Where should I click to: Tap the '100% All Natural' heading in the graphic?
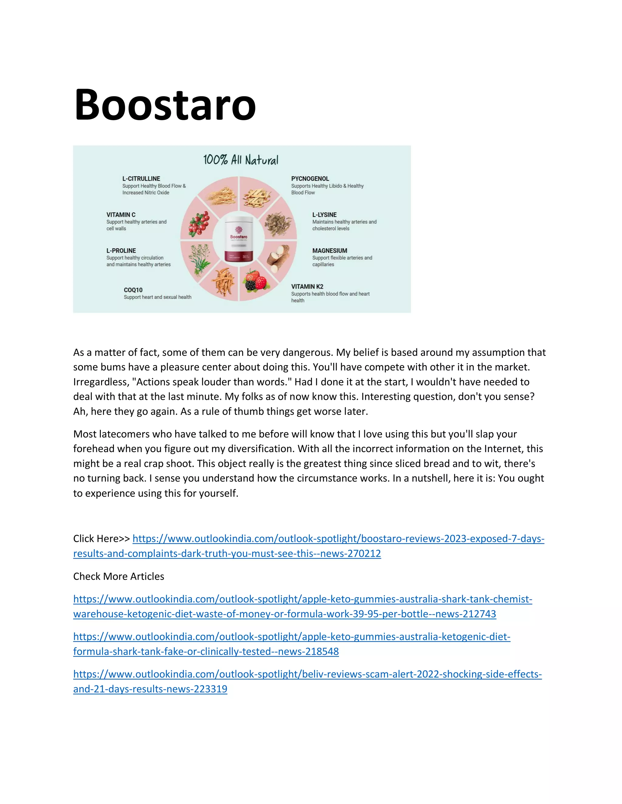click(241, 160)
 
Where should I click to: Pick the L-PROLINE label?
click(121, 251)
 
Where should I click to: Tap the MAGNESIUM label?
click(330, 251)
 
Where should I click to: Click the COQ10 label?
click(133, 290)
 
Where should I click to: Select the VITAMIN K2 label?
click(307, 287)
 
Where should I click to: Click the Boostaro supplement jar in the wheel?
click(239, 238)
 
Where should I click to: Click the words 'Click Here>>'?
click(101, 539)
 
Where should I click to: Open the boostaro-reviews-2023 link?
click(338, 539)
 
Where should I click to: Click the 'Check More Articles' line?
click(119, 576)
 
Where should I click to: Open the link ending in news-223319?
click(307, 674)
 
